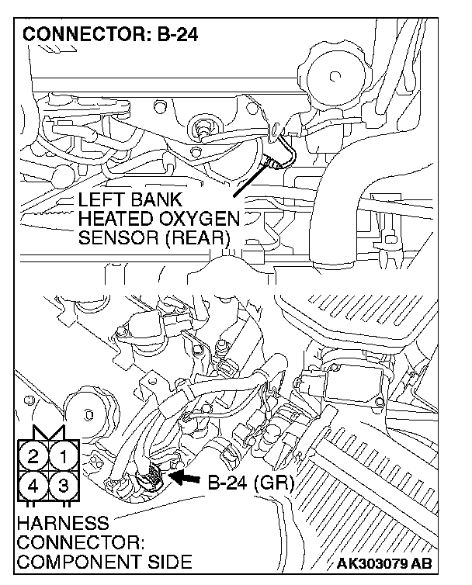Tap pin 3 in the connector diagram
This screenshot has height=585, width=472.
65,487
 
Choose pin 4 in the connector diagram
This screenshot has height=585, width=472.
33,487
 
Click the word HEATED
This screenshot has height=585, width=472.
114,220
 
